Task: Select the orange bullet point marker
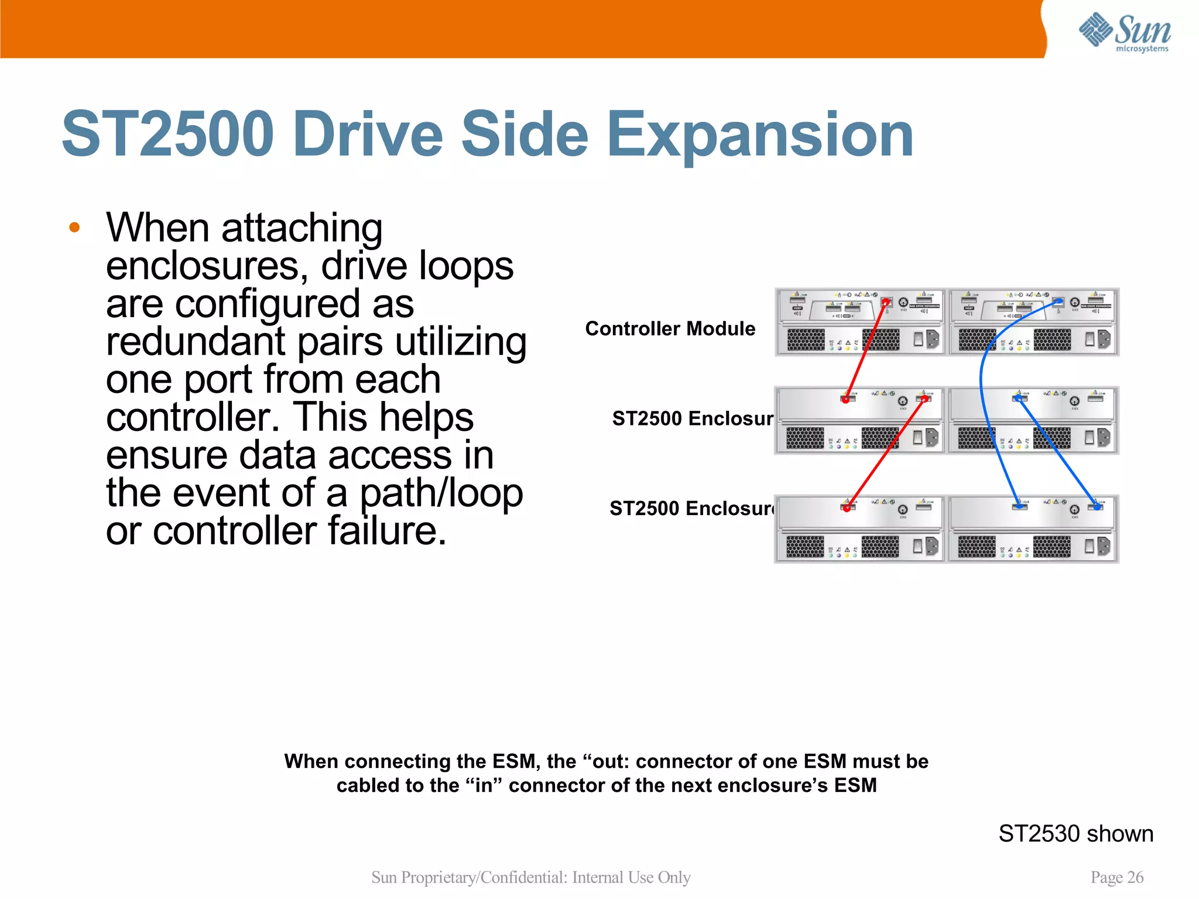[x=74, y=228]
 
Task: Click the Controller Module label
[x=670, y=329]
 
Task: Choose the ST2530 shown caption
[x=1075, y=833]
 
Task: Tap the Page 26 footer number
[x=1116, y=877]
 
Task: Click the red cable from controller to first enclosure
[x=866, y=351]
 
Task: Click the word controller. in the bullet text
[x=193, y=417]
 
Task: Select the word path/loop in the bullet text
[x=441, y=493]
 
